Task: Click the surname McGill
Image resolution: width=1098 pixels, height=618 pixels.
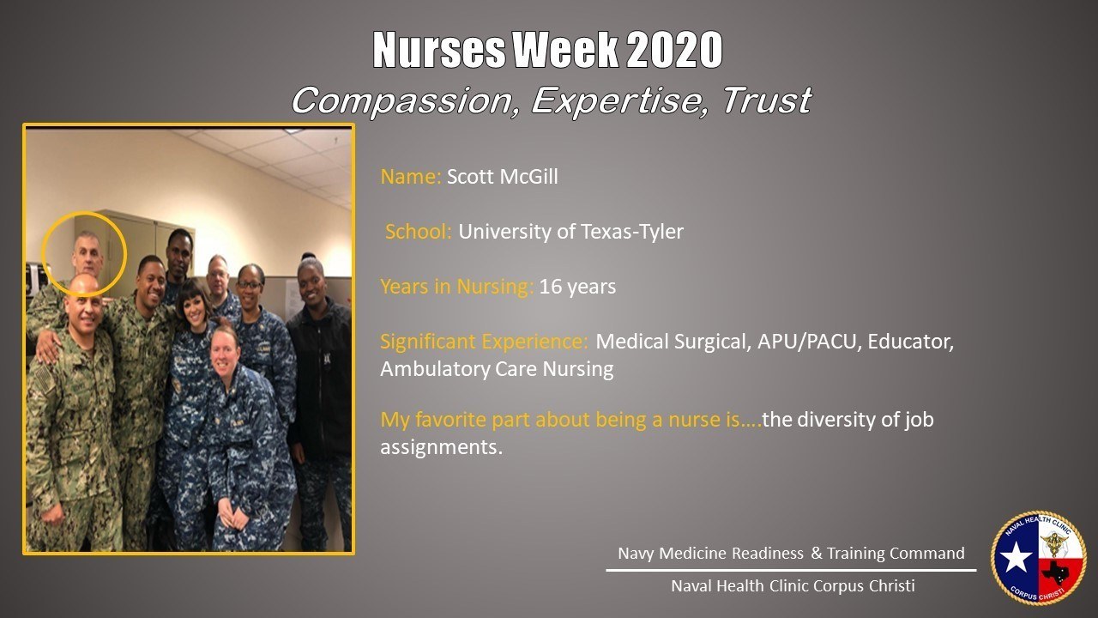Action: click(525, 178)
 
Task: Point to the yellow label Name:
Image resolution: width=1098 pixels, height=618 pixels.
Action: click(411, 178)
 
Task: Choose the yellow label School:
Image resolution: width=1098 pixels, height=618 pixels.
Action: click(419, 232)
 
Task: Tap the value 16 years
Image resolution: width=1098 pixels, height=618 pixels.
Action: click(577, 287)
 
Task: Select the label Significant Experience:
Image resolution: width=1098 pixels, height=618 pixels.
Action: click(484, 342)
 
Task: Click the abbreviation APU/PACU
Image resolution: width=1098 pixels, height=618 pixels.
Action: click(808, 342)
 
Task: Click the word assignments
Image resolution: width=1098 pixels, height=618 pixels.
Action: click(441, 447)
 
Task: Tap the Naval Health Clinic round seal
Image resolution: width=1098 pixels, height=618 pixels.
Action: click(1038, 558)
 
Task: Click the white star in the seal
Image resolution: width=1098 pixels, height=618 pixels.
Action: click(1017, 558)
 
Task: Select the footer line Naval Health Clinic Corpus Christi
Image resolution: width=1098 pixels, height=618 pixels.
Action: click(792, 586)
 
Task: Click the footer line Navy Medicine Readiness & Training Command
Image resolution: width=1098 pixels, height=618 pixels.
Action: click(791, 554)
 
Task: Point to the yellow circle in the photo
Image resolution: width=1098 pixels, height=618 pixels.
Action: click(84, 253)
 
